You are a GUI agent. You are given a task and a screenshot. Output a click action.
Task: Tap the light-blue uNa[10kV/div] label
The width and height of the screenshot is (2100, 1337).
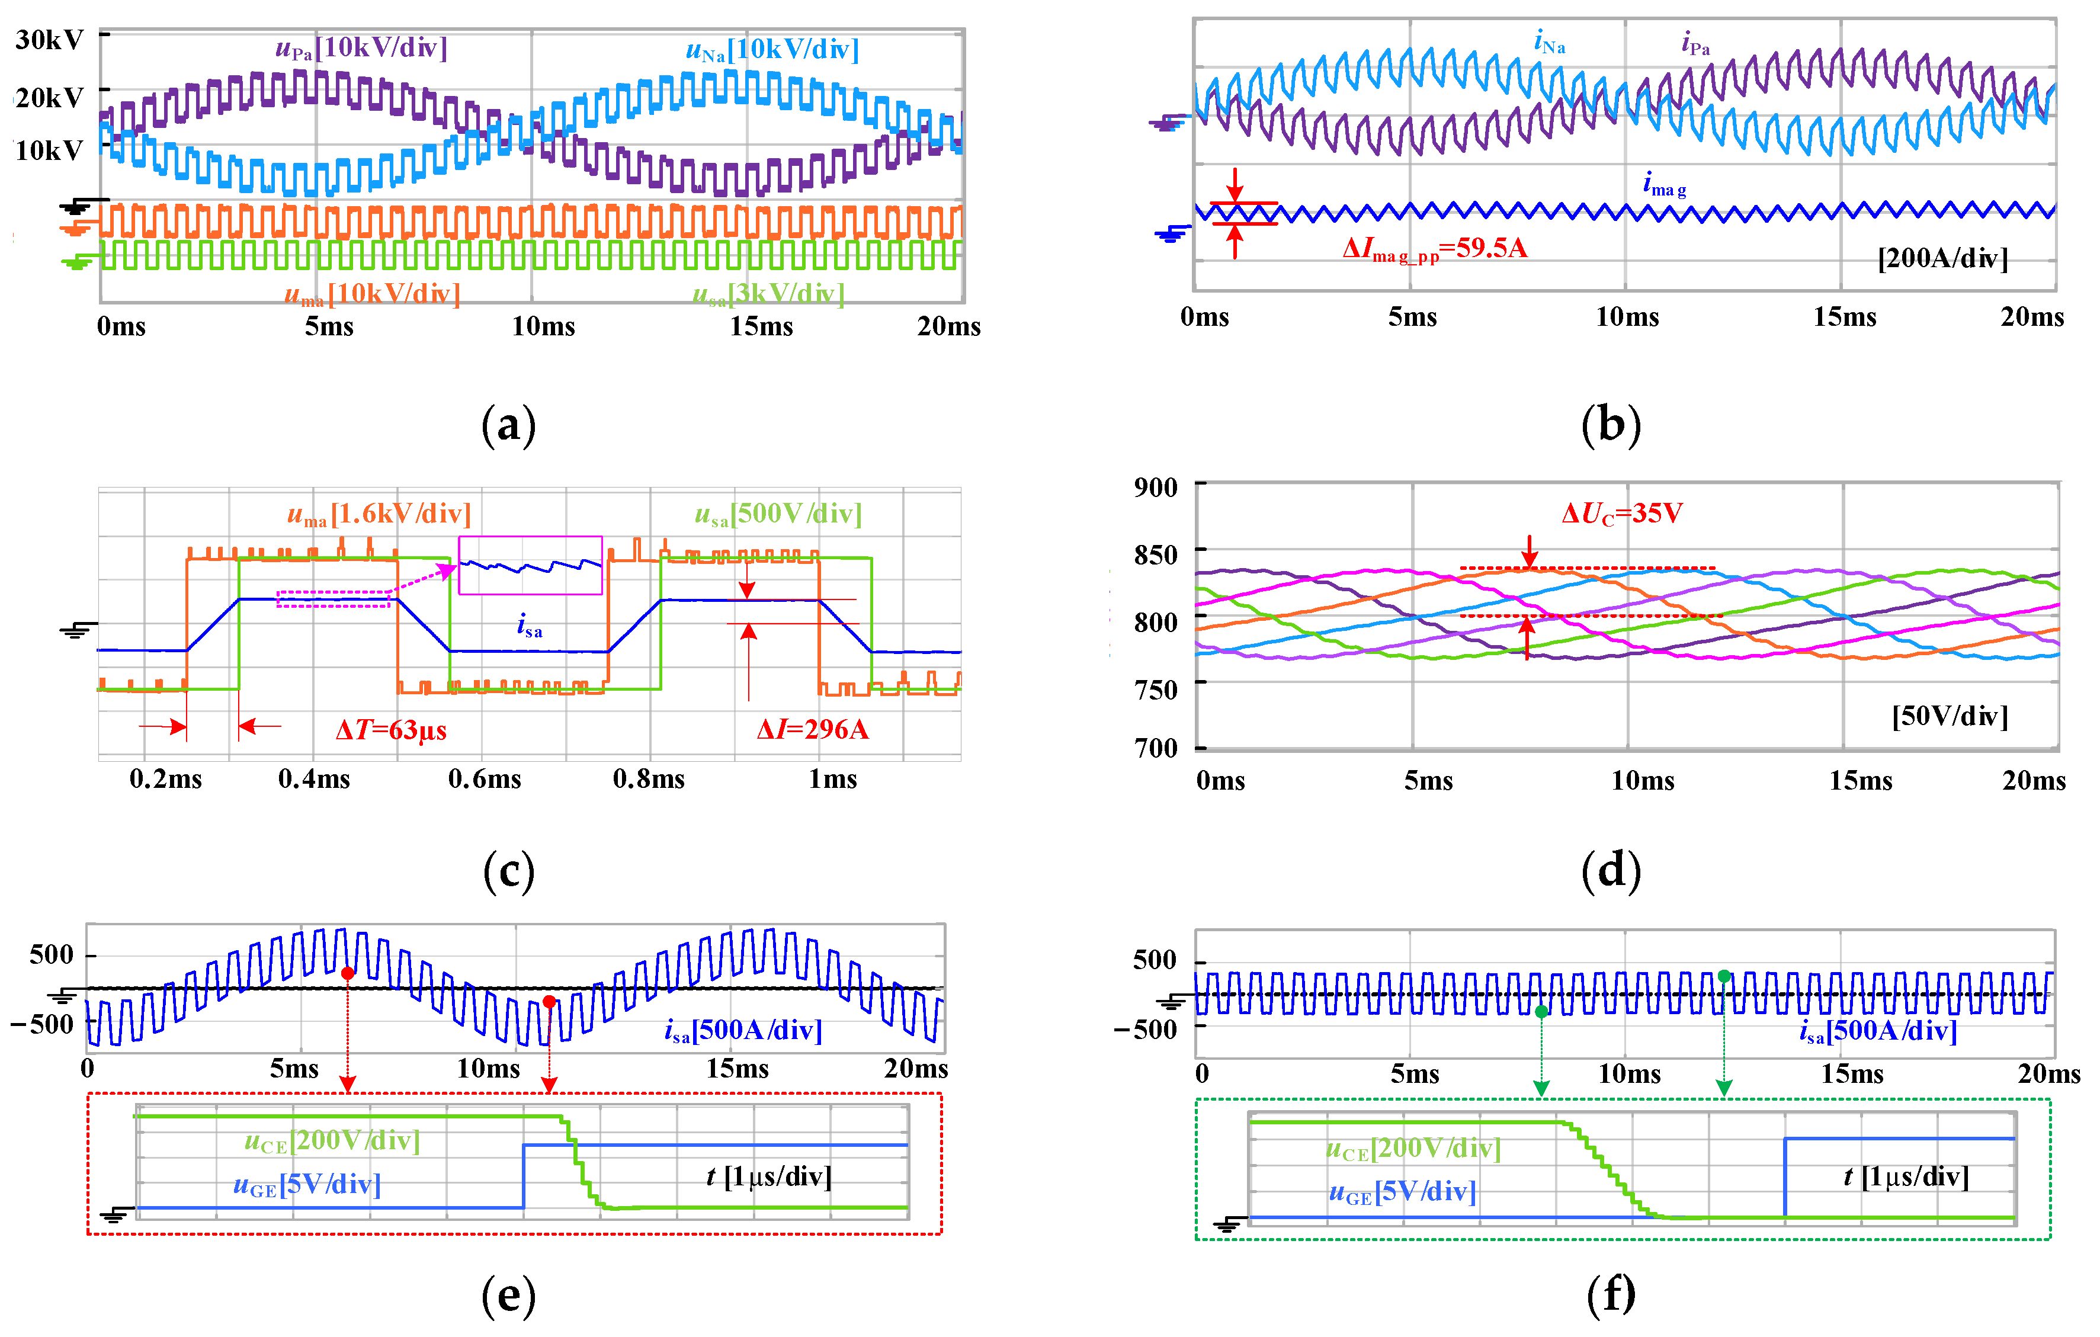click(x=772, y=50)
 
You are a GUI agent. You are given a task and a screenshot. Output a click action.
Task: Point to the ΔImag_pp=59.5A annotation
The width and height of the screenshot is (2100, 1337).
click(x=1435, y=249)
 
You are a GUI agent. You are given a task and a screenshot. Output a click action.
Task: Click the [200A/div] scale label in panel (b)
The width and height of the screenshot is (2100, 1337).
click(x=1942, y=258)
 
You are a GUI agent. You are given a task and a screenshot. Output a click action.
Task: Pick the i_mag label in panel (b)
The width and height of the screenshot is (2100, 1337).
click(x=1664, y=185)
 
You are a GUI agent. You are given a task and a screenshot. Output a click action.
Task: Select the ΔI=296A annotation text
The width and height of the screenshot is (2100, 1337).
click(x=812, y=730)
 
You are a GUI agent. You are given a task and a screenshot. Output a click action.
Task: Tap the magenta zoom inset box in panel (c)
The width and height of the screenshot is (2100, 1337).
click(x=530, y=565)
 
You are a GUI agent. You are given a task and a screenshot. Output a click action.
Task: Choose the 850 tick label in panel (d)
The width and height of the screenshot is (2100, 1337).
click(x=1156, y=554)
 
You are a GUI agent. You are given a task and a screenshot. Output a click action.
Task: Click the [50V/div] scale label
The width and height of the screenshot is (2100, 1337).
click(x=1949, y=716)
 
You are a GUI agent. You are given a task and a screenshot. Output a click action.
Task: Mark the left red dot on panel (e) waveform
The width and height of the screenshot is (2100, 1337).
click(x=347, y=973)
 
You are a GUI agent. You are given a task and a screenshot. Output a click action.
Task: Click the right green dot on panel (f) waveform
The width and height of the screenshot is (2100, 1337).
click(x=1724, y=976)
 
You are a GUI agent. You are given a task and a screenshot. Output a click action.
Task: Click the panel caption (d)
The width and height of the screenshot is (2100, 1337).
click(x=1611, y=871)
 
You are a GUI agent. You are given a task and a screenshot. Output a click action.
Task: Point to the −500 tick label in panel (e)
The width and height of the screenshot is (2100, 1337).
click(x=43, y=1024)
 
